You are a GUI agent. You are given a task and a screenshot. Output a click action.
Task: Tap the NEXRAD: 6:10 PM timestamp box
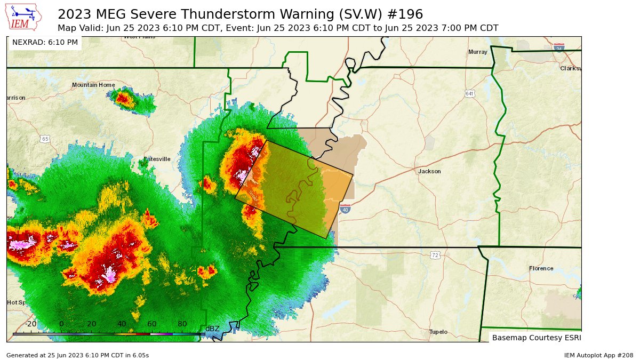[45, 42]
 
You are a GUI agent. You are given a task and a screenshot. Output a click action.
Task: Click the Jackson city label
[429, 171]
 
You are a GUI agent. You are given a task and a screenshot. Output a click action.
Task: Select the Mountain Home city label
[93, 85]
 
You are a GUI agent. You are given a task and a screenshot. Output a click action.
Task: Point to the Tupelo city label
[438, 332]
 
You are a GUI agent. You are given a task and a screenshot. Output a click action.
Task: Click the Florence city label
[541, 268]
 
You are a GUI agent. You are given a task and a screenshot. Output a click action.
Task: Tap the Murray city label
[477, 52]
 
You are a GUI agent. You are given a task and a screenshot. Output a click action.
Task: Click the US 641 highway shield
[469, 94]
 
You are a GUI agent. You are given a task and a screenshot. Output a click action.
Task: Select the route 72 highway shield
[435, 256]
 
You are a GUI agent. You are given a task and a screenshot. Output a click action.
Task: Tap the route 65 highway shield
[45, 139]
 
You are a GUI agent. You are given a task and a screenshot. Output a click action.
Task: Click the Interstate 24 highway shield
[559, 48]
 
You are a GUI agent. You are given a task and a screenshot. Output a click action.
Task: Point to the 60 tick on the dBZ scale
[151, 324]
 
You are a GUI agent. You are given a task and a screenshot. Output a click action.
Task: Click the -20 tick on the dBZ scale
[31, 324]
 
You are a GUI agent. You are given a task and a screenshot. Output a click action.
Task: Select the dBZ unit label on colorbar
[212, 329]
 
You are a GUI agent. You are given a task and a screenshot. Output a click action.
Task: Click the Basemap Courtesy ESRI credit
[536, 338]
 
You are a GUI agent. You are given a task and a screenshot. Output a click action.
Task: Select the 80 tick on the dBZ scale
[182, 324]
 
